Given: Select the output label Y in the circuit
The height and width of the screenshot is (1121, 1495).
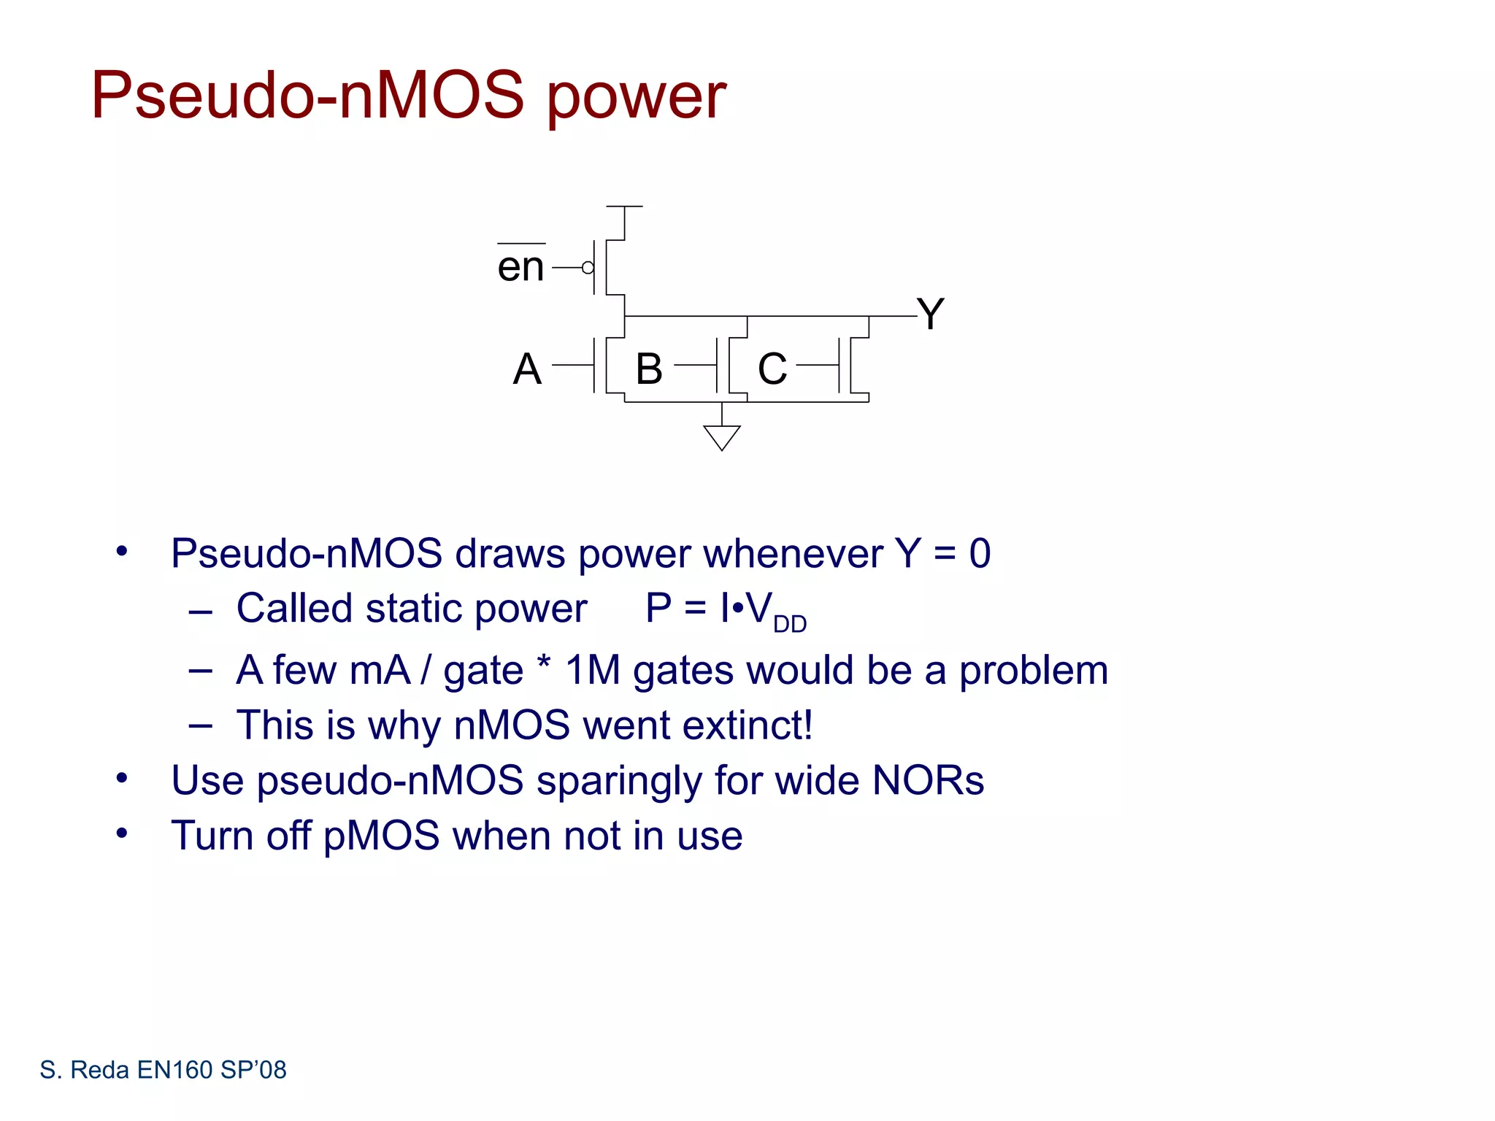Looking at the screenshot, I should point(931,315).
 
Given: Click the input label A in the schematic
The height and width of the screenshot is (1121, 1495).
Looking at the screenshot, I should point(527,369).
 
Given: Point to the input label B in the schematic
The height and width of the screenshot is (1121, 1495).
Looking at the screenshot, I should point(649,369).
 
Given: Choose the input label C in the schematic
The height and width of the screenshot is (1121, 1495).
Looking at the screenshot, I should point(772,369).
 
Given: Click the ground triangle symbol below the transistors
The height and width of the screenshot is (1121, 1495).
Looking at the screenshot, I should point(722,437).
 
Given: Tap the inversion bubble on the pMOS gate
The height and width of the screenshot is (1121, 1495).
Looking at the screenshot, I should point(588,268).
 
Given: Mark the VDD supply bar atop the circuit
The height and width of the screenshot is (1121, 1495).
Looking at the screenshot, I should point(625,207).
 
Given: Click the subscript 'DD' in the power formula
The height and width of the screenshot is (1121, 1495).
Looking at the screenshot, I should point(790,625).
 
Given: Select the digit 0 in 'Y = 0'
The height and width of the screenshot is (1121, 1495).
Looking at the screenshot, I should point(980,553).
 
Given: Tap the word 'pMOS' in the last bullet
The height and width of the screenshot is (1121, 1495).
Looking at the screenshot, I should point(381,836).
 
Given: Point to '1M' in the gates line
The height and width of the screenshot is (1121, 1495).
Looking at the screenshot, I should point(593,670).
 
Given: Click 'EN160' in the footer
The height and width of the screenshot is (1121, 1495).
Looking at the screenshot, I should point(174,1070).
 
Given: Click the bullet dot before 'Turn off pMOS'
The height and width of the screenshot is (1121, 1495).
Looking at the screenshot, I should point(122,833).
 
